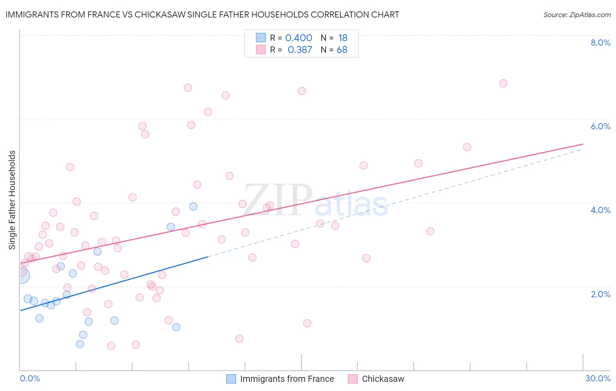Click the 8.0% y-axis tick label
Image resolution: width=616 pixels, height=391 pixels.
tap(600, 43)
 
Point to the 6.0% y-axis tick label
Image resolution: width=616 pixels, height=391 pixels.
tap(600, 126)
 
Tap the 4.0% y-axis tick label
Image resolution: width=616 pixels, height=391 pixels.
tap(600, 210)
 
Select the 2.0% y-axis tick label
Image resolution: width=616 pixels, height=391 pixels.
tap(600, 294)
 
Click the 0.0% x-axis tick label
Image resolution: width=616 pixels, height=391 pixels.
tap(30, 378)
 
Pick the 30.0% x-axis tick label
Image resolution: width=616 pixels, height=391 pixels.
tap(598, 378)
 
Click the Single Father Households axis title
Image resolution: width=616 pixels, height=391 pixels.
tap(12, 200)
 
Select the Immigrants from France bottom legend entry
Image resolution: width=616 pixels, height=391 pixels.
tap(287, 379)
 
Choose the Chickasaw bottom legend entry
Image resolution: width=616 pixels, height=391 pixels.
tap(382, 379)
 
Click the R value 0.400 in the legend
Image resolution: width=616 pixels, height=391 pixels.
tap(298, 38)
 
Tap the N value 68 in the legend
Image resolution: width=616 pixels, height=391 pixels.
tap(342, 50)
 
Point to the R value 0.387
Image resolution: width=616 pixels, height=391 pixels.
tap(300, 50)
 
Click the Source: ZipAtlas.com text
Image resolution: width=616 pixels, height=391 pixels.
tap(577, 15)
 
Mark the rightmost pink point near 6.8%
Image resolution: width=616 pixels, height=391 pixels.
tap(503, 83)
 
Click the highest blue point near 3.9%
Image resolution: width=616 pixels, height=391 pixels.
tap(193, 206)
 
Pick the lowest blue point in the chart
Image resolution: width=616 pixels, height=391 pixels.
tap(80, 344)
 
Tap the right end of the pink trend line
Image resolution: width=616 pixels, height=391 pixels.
tap(583, 144)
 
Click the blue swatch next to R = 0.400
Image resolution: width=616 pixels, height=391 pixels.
tap(261, 38)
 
